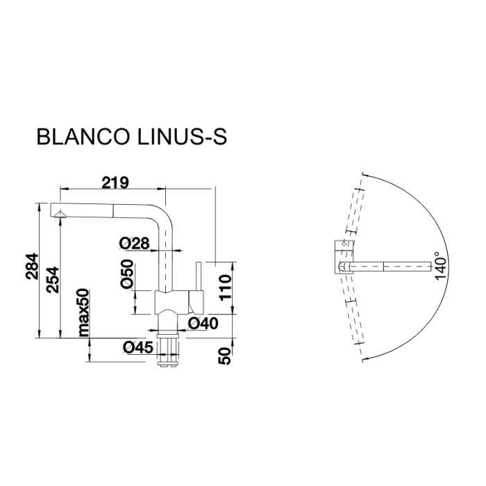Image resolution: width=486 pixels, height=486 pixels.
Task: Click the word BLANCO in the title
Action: tap(77, 137)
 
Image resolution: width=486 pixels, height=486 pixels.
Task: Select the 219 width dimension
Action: tap(115, 183)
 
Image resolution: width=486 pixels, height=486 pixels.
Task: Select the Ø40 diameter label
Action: tap(203, 323)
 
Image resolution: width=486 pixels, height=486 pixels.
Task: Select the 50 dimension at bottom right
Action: tap(224, 355)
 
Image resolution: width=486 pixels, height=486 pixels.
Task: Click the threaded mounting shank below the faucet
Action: tap(169, 347)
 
